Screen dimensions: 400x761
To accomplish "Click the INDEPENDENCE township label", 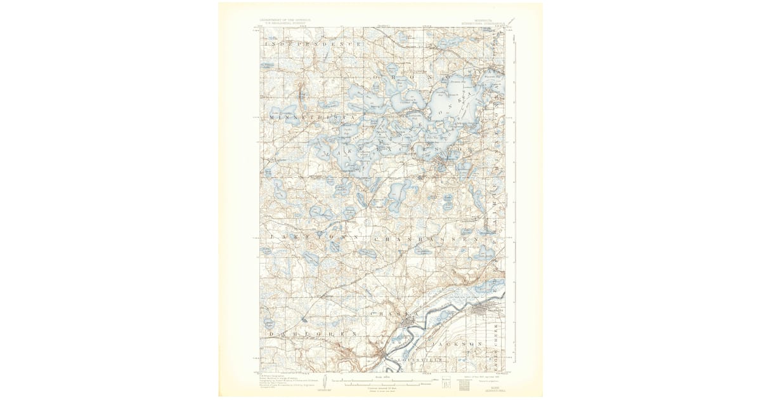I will pyautogui.click(x=313, y=44).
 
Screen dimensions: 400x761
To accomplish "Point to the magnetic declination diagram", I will pyautogui.click(x=325, y=383).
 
